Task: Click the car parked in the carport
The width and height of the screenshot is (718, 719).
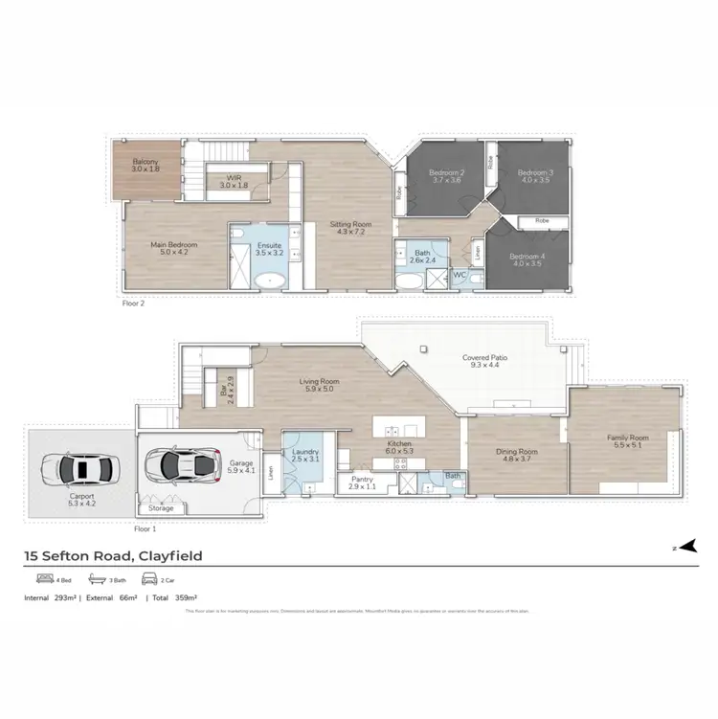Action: tap(80, 468)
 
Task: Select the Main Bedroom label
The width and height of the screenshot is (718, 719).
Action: tap(173, 249)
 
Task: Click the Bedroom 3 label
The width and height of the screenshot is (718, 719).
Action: tap(535, 175)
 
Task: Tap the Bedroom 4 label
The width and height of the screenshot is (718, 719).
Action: tap(527, 260)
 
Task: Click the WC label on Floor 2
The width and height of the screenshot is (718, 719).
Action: tap(460, 274)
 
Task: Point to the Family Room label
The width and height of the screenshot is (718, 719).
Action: tap(627, 442)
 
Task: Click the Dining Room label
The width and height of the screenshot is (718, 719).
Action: tap(516, 456)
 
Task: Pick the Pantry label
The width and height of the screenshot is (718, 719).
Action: tap(362, 482)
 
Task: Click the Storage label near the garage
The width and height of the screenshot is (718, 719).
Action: tap(161, 508)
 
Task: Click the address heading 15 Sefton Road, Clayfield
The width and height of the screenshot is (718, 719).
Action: tap(113, 555)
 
